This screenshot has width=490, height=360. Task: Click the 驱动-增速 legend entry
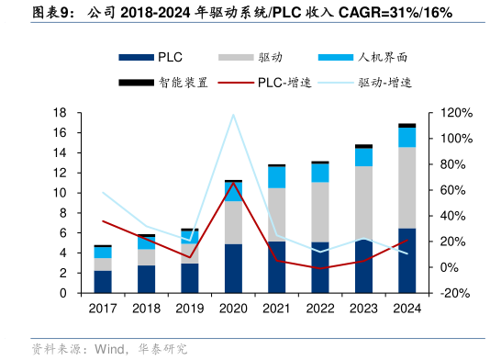[384, 82]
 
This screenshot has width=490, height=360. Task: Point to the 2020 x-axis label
[233, 309]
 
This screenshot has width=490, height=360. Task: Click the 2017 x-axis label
[103, 309]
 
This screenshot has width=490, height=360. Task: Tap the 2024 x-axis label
[406, 309]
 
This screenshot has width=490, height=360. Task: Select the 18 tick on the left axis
[61, 113]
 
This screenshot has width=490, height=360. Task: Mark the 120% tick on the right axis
[456, 113]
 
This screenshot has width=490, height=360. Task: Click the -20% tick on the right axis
[456, 294]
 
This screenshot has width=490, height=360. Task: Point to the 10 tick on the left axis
[61, 193]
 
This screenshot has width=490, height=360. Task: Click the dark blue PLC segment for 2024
[406, 261]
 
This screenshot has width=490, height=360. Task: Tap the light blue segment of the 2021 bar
[276, 176]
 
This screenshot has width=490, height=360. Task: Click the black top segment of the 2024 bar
[406, 125]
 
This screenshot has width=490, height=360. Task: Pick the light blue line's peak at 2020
[233, 115]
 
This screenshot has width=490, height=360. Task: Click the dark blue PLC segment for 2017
[103, 282]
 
